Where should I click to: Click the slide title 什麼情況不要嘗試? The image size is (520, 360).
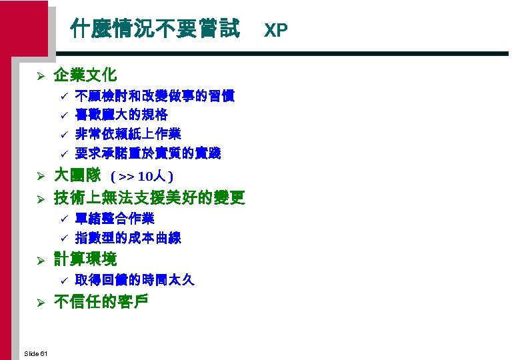(156, 29)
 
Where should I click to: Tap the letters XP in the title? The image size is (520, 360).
(276, 30)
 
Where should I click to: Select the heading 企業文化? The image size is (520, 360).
(85, 75)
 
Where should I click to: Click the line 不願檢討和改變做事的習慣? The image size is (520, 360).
(155, 95)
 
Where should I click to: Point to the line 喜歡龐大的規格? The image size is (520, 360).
(121, 115)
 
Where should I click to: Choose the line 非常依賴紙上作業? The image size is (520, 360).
(128, 134)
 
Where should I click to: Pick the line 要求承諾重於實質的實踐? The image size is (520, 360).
(148, 153)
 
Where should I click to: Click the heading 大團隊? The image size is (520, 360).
(77, 176)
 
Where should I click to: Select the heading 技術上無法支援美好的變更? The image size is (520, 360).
(149, 197)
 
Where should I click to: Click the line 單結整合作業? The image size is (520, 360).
(115, 218)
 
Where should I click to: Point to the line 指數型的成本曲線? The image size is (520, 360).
(128, 237)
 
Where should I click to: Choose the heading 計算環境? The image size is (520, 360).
(85, 259)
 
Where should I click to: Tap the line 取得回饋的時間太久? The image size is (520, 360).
(135, 280)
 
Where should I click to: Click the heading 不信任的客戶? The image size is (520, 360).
(101, 301)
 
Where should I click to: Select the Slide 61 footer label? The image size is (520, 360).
(35, 353)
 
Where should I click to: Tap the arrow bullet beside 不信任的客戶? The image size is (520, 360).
(40, 303)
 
